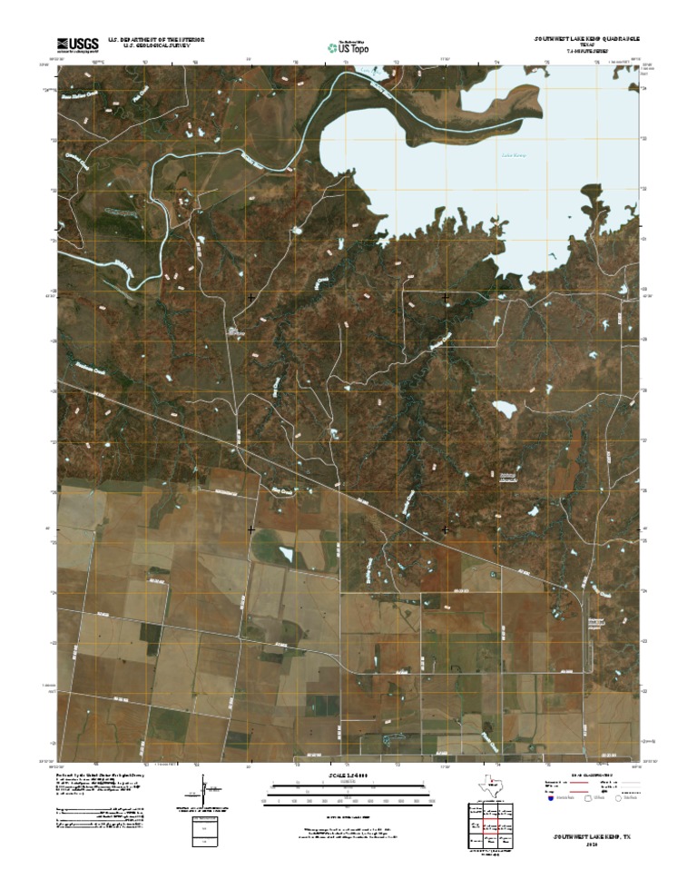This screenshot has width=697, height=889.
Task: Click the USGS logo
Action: [77, 44]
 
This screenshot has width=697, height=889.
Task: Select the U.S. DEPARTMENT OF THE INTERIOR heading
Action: [156, 40]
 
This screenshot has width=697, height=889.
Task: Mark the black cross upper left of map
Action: [250, 297]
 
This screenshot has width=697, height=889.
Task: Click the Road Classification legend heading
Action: [593, 775]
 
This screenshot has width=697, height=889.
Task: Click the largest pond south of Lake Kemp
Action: [504, 409]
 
